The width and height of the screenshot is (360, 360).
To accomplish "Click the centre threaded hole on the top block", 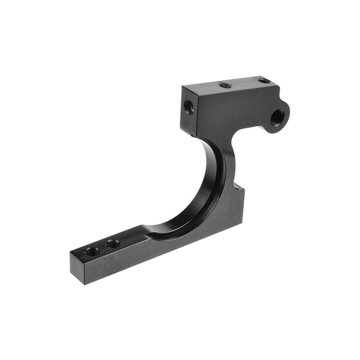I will [x=225, y=84].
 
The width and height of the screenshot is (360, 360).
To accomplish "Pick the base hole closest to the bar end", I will [x=91, y=251].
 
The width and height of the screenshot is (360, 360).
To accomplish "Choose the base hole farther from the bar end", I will [x=112, y=243].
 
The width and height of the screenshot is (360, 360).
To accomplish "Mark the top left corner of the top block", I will [x=183, y=88].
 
